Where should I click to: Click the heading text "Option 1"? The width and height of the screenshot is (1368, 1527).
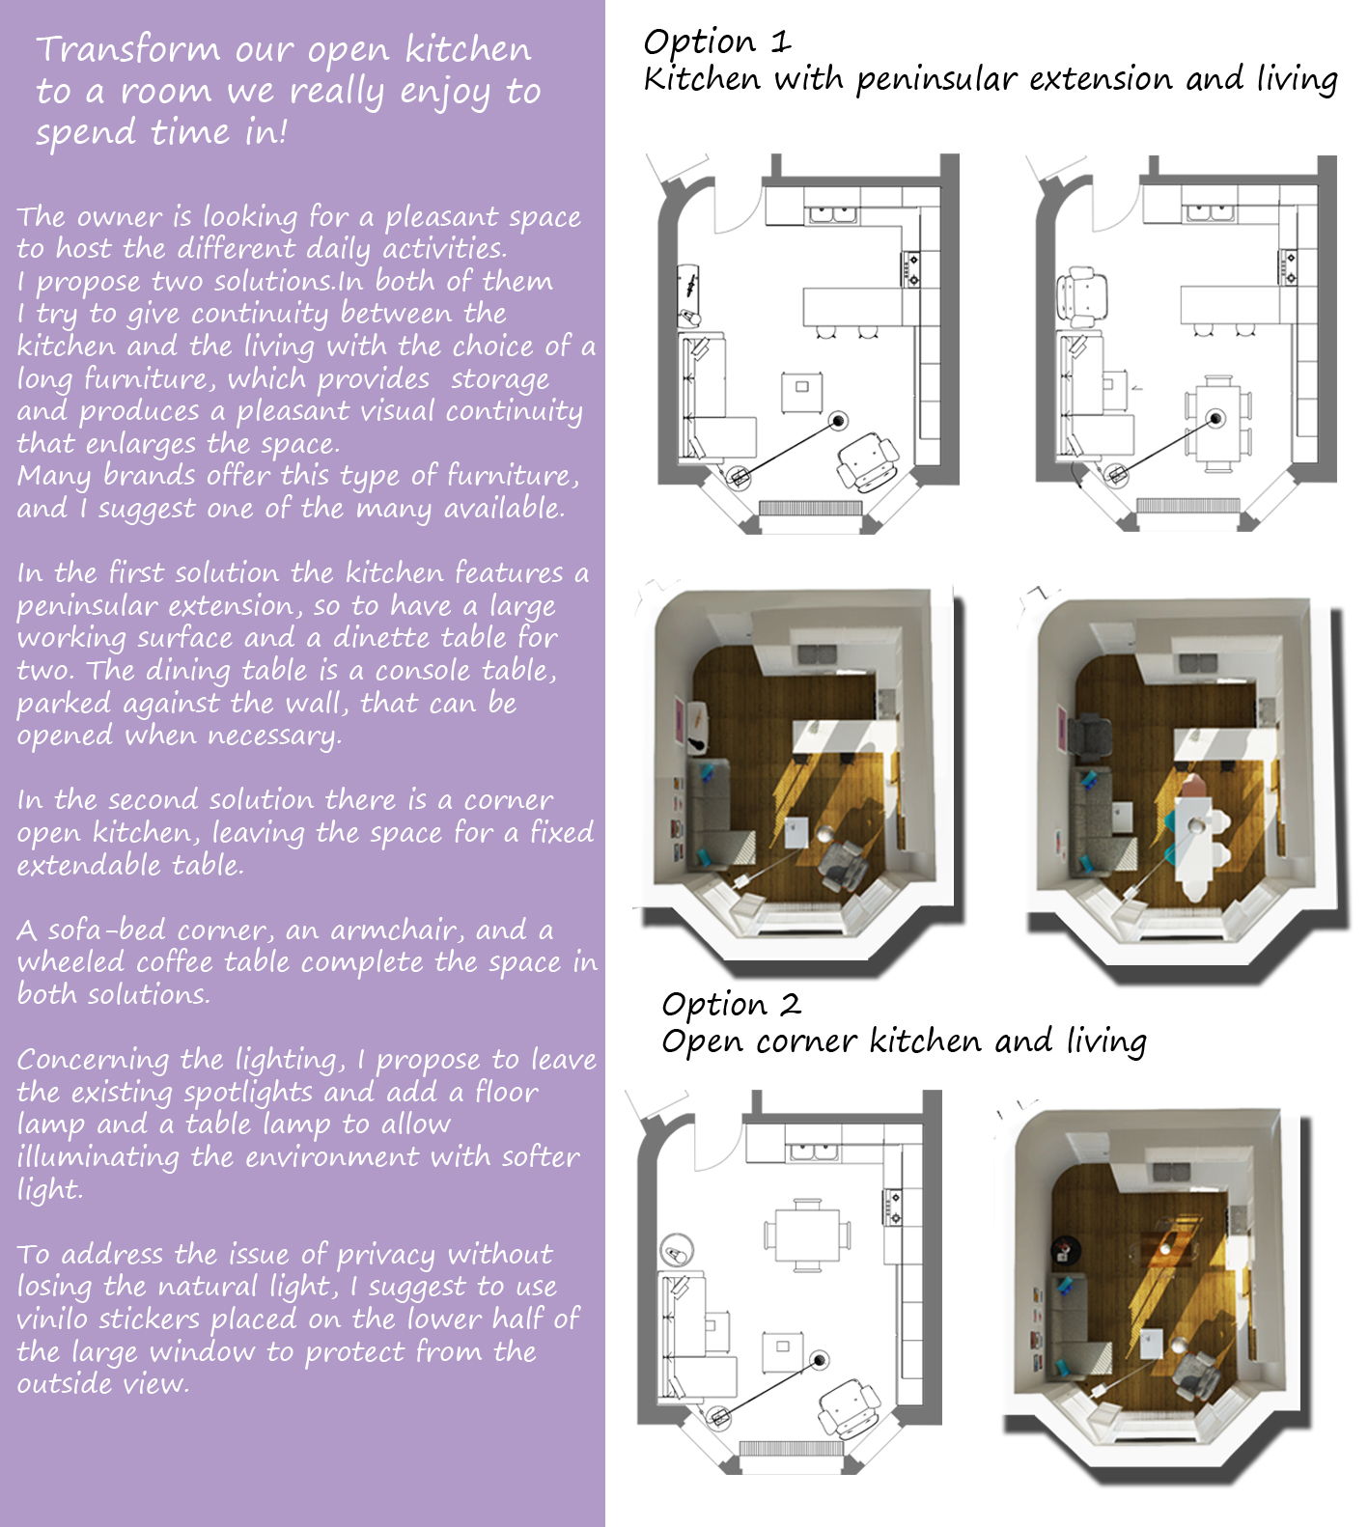point(717,42)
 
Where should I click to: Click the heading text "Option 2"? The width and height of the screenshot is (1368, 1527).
point(732,1005)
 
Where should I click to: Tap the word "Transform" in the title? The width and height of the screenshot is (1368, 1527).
point(128,48)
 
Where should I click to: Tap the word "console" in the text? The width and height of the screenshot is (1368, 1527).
point(419,671)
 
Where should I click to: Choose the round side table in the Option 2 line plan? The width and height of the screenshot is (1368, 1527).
point(676,1251)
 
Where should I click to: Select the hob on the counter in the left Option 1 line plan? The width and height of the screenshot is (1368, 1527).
point(910,269)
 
